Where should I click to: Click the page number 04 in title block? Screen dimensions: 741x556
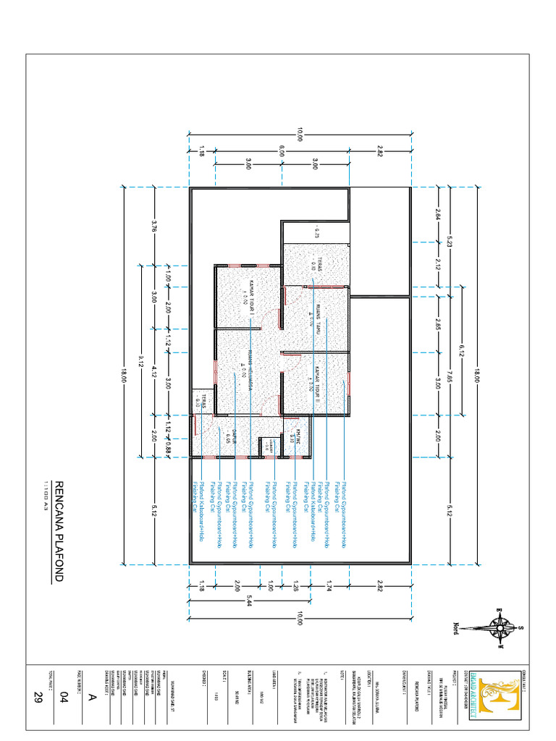(x=63, y=696)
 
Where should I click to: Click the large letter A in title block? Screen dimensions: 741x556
(x=91, y=696)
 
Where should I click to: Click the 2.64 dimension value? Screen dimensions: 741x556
(x=438, y=214)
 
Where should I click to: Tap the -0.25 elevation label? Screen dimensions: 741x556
(x=316, y=233)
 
